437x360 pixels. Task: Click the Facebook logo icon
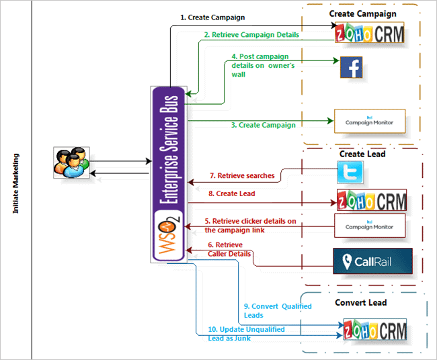[352, 68]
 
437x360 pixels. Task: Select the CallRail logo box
[372, 261]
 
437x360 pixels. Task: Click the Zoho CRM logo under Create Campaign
[370, 33]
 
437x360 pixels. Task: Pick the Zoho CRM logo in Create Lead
[372, 200]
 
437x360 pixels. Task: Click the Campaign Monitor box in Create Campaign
[370, 122]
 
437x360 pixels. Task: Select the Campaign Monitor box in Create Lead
[370, 225]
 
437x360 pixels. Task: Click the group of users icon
[71, 163]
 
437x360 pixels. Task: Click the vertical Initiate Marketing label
[15, 183]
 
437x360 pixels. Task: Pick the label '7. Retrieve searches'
[242, 176]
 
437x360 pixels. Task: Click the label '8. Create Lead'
[232, 193]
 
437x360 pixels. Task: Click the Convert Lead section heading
[360, 302]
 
